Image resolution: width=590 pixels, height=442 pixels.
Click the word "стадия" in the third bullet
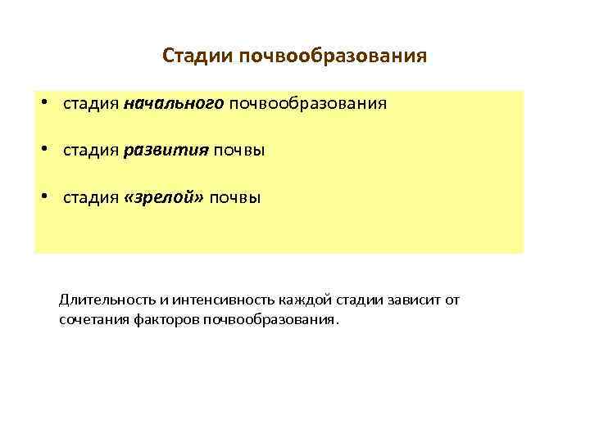click(91, 198)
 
